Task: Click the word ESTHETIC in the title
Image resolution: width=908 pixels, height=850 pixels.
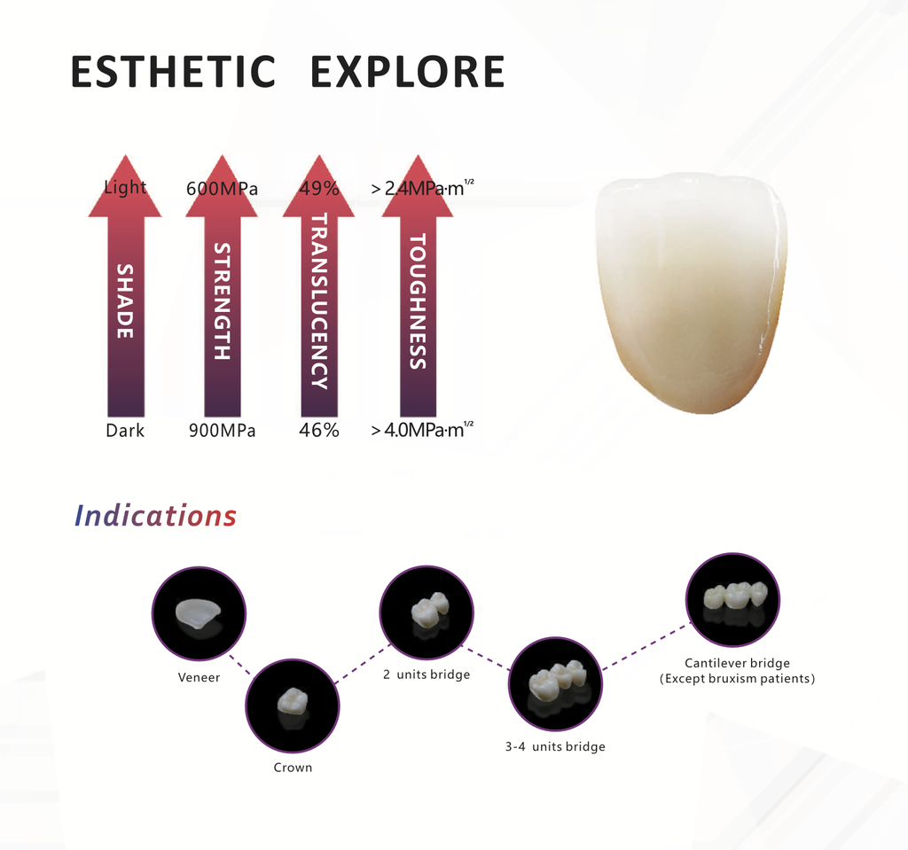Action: point(173,73)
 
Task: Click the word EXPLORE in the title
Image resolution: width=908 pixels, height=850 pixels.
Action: point(407,73)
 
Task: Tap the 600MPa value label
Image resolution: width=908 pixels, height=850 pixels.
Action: point(222,189)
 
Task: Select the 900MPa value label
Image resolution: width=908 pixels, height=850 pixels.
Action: point(222,432)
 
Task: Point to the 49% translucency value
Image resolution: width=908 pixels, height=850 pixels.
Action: point(319,189)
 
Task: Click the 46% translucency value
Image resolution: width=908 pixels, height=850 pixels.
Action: point(319,432)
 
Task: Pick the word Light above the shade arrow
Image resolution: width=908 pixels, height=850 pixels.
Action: point(125,188)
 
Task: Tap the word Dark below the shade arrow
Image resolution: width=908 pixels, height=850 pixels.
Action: point(125,432)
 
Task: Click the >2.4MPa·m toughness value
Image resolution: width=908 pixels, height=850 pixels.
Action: point(422,189)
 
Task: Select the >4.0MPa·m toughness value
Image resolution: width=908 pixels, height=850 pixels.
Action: point(422,432)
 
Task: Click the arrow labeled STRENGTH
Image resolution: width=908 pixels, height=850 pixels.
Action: point(222,301)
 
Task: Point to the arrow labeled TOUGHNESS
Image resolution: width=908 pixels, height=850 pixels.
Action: point(417,301)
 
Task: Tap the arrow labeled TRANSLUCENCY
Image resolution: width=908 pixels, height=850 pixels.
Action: point(319,301)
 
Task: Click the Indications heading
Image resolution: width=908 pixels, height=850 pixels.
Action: point(155,516)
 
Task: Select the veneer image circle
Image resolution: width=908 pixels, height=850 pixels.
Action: point(199,613)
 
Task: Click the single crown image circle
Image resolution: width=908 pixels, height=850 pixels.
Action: point(293,705)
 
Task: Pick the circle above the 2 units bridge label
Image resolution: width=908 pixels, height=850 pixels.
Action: point(427,612)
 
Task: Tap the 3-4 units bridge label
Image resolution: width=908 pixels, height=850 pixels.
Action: point(555,747)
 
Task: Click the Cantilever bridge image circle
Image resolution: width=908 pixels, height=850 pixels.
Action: point(732,599)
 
